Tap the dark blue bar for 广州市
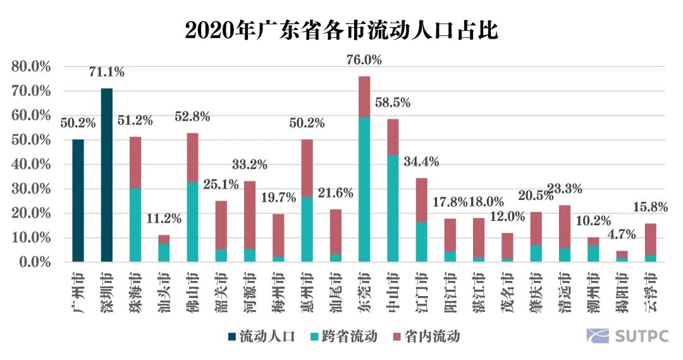coord(78,201)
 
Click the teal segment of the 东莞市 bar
coord(364,190)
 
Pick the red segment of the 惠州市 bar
coord(307,168)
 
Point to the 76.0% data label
coord(364,60)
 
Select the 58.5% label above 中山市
coord(393,102)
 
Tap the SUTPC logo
coord(627,336)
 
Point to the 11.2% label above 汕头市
coord(164,220)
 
